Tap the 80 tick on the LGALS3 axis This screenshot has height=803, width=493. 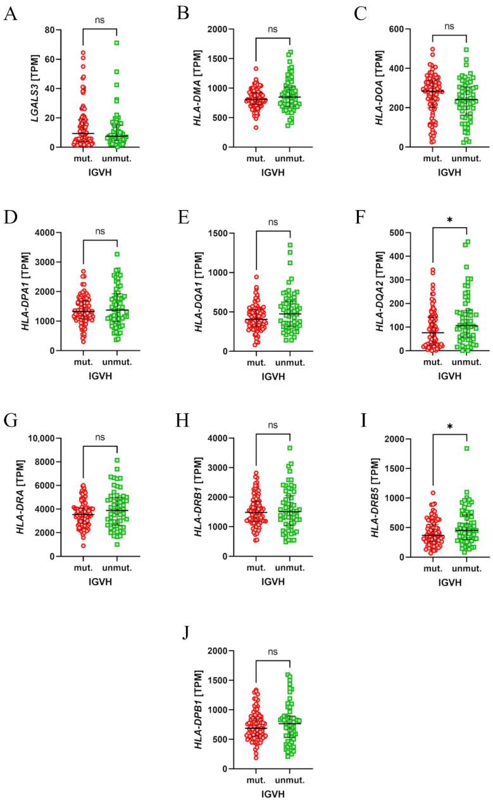click(47, 30)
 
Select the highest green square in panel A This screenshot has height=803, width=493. click(117, 43)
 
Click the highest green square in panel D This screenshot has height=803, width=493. click(117, 254)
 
